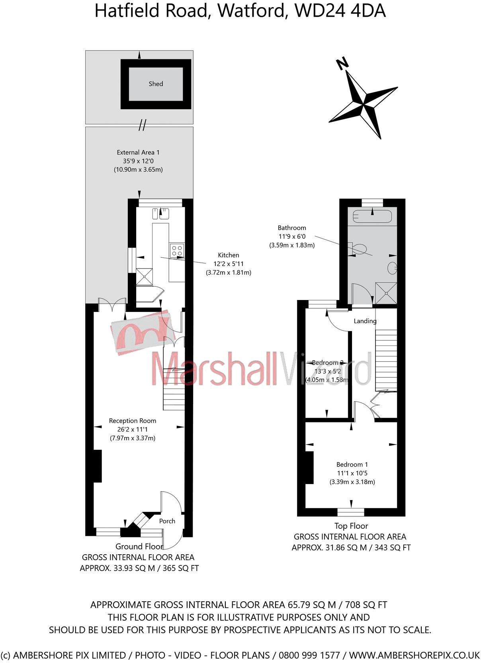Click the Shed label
pyautogui.click(x=156, y=84)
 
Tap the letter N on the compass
pyautogui.click(x=342, y=64)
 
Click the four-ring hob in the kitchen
pyautogui.click(x=177, y=251)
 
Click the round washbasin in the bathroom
pyautogui.click(x=392, y=268)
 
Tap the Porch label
pyautogui.click(x=167, y=530)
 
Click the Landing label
pyautogui.click(x=365, y=321)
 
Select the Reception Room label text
pyautogui.click(x=133, y=421)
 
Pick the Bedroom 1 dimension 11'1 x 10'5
pyautogui.click(x=352, y=473)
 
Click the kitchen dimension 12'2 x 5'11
pyautogui.click(x=229, y=264)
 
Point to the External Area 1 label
pyautogui.click(x=138, y=153)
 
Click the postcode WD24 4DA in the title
pyautogui.click(x=340, y=11)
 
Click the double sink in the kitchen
pyautogui.click(x=160, y=214)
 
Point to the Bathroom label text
pyautogui.click(x=292, y=228)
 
